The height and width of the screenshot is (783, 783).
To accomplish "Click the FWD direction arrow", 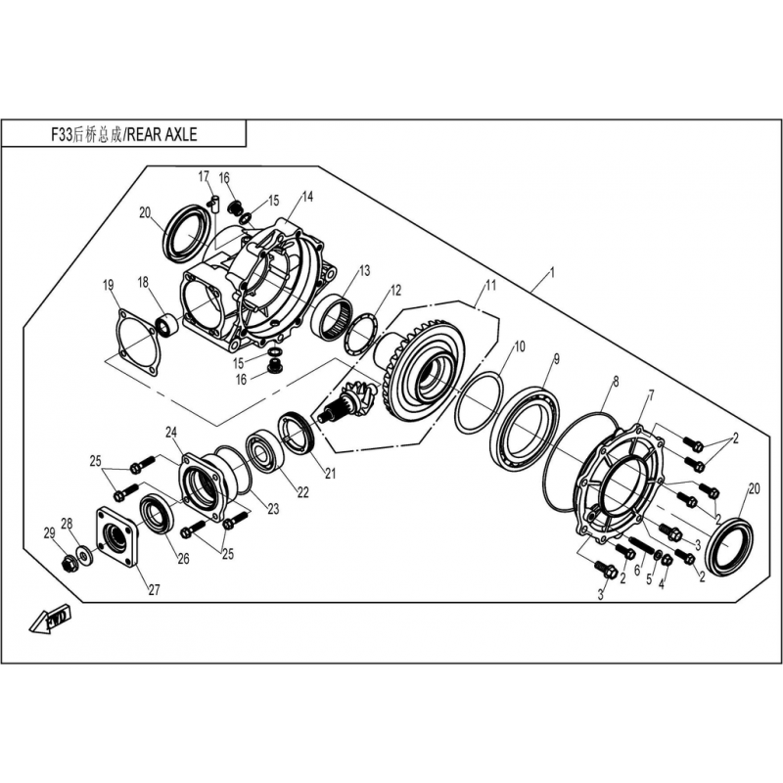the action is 50,619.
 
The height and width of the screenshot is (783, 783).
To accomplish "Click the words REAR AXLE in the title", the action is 161,134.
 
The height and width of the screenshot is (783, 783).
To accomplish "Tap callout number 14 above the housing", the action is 307,197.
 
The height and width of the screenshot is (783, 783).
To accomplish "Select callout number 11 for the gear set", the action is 491,285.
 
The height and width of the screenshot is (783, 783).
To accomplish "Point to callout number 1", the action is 552,272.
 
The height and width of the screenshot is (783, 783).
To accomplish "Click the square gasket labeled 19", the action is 136,342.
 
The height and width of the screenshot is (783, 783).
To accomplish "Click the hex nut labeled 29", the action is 68,564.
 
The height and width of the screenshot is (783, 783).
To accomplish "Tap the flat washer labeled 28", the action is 82,553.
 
